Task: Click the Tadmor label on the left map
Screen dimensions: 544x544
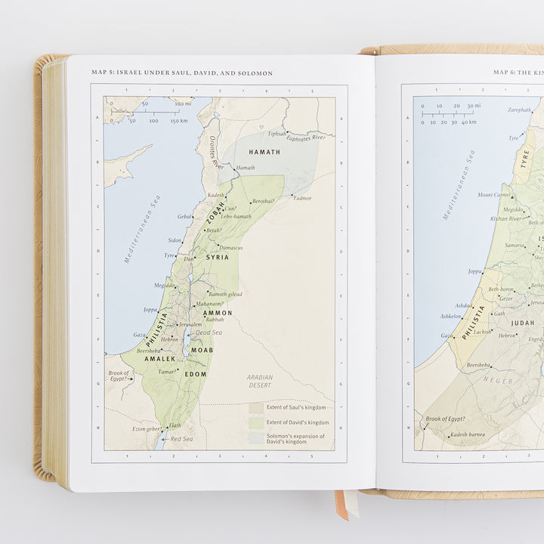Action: (302, 198)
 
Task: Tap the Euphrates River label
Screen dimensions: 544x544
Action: (309, 138)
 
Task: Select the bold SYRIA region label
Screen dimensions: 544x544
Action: (217, 258)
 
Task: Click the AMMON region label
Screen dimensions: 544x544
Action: (218, 313)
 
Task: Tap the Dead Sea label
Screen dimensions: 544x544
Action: (208, 332)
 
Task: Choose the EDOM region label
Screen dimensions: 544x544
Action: (196, 374)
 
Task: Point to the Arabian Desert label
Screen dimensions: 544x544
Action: (260, 382)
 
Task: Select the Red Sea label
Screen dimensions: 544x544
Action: (181, 439)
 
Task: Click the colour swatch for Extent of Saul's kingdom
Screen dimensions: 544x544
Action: (257, 407)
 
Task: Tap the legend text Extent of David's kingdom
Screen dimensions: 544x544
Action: (298, 422)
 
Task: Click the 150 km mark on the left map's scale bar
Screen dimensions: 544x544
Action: (179, 121)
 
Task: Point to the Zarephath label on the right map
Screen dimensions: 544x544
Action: (519, 110)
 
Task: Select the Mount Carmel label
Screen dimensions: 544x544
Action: (494, 195)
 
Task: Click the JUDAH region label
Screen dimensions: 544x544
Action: (522, 323)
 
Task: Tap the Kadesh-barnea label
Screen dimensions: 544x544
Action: (467, 435)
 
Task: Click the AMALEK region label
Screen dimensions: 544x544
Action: (159, 359)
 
